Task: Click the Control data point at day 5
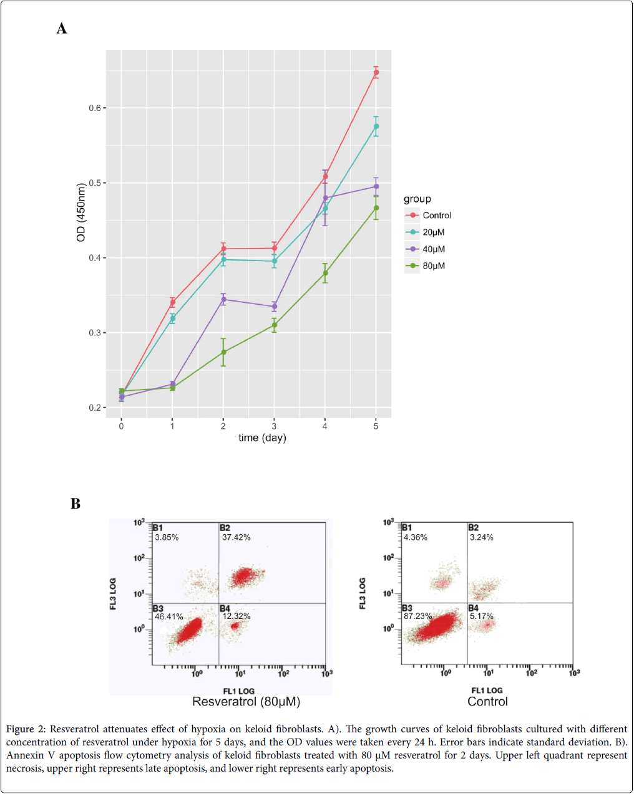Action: (376, 73)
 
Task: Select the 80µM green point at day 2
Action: (223, 352)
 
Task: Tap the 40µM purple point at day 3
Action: (275, 307)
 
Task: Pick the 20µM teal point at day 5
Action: (376, 127)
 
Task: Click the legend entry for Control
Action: (436, 216)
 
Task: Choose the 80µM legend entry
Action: (434, 266)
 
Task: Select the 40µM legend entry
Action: (434, 249)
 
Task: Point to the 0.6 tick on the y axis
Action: (95, 108)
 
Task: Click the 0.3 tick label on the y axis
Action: (95, 333)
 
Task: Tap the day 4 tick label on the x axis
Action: (325, 426)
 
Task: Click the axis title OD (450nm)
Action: (80, 213)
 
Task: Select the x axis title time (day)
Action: (262, 438)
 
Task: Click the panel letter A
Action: (62, 29)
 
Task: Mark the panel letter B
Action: (76, 504)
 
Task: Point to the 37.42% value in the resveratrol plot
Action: (237, 537)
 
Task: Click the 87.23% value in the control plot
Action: (417, 616)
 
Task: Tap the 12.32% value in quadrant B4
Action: (237, 616)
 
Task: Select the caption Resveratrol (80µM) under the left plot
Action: (246, 702)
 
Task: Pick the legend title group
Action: (417, 199)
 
